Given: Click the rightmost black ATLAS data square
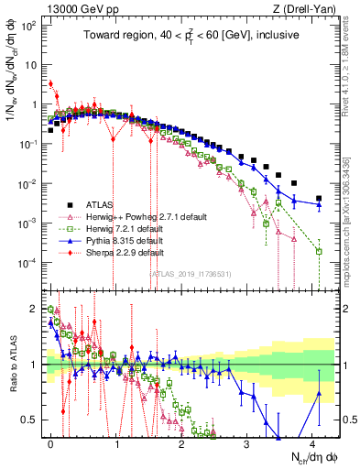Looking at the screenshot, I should [x=319, y=198].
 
